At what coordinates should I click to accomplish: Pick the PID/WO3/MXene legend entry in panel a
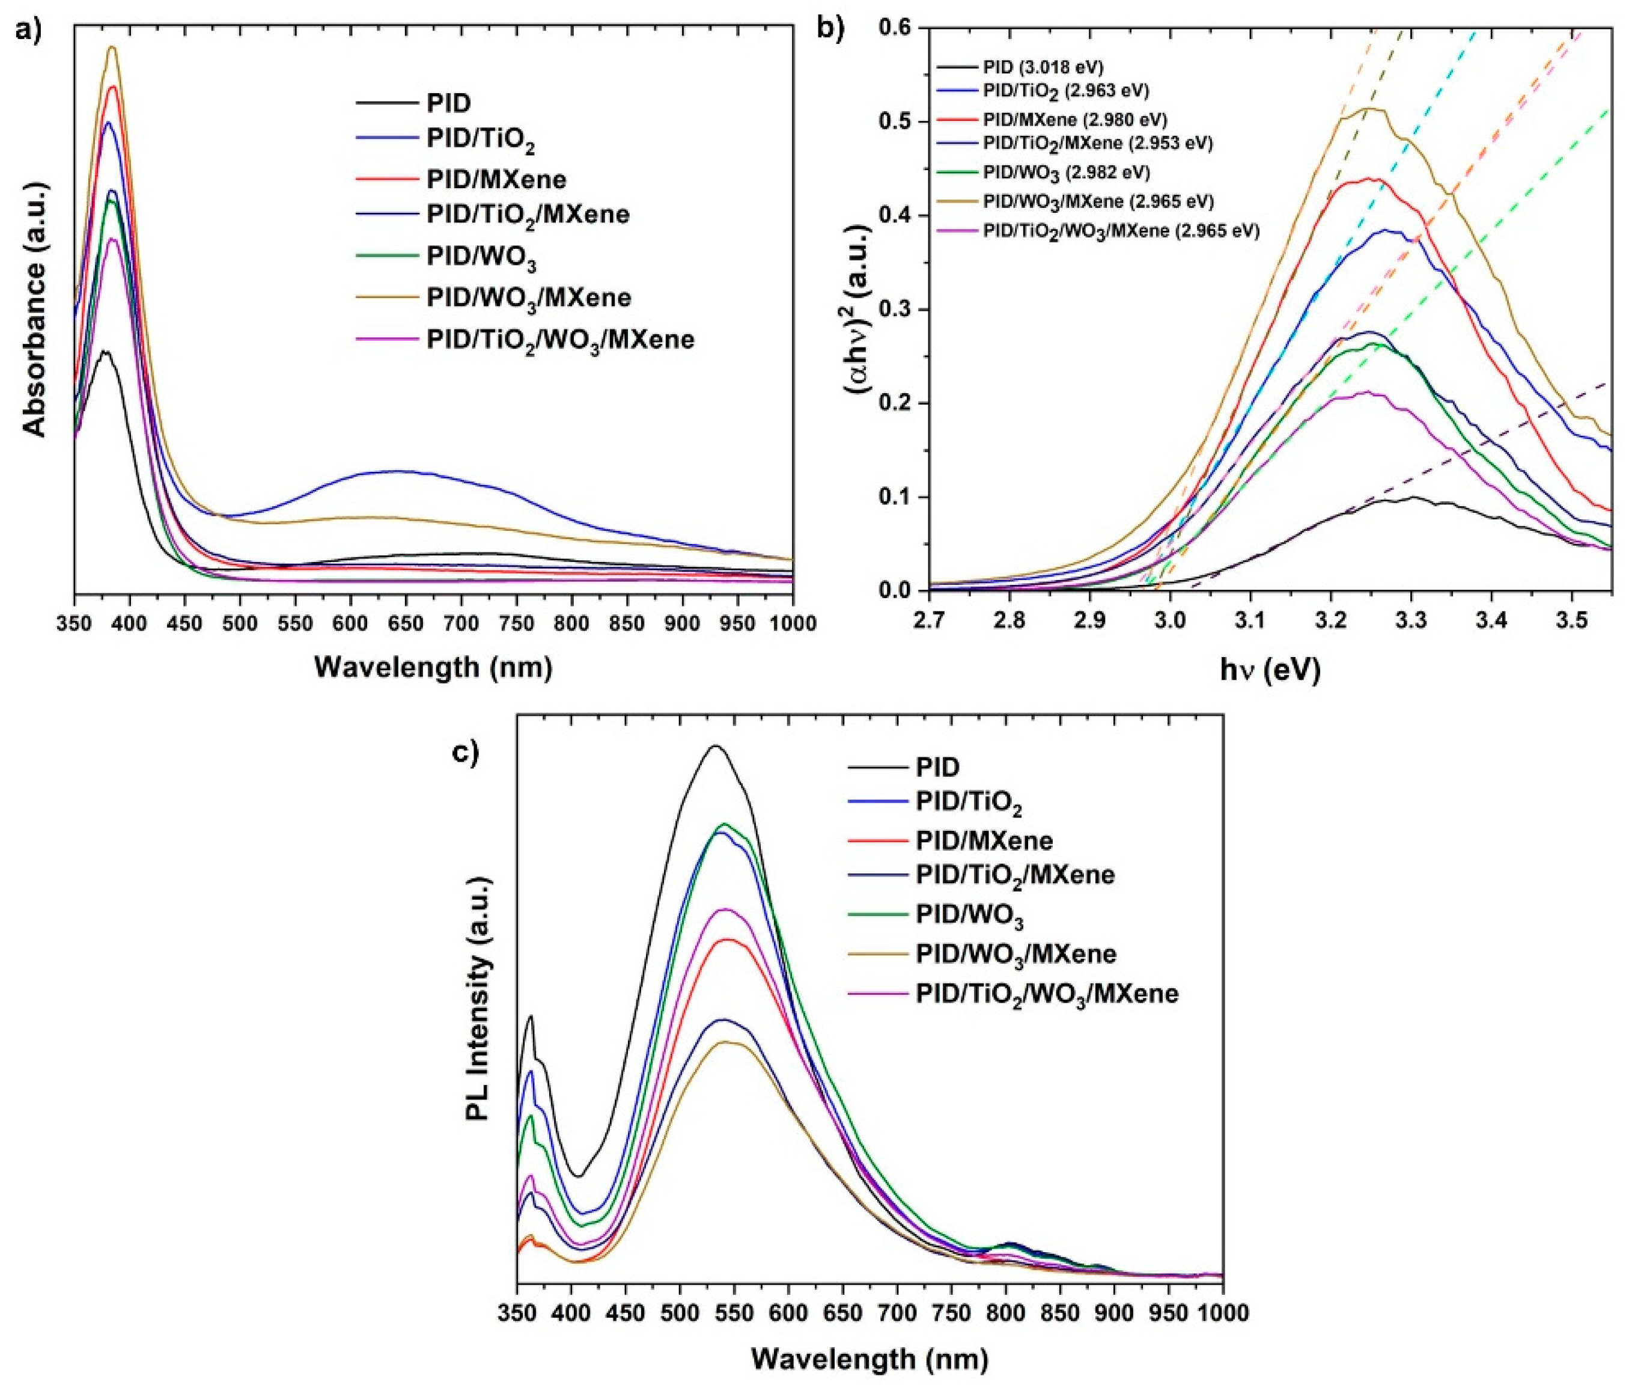click(528, 298)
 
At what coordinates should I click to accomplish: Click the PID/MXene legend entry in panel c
click(983, 841)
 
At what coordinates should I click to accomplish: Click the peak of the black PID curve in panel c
click(715, 746)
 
